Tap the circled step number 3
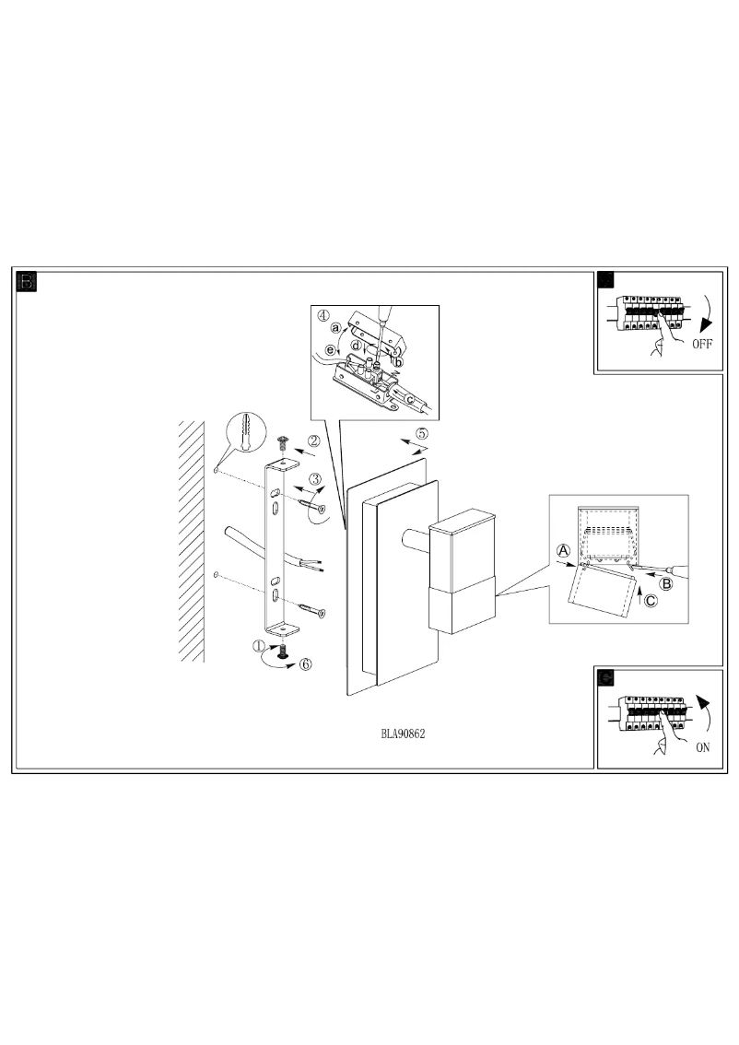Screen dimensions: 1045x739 [x=314, y=478]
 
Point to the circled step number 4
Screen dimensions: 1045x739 [x=323, y=314]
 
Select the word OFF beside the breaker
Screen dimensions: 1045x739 [x=702, y=346]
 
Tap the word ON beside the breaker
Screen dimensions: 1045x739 [x=702, y=747]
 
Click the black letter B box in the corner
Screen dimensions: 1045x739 [x=28, y=282]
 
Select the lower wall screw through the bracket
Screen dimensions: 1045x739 [x=311, y=608]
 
